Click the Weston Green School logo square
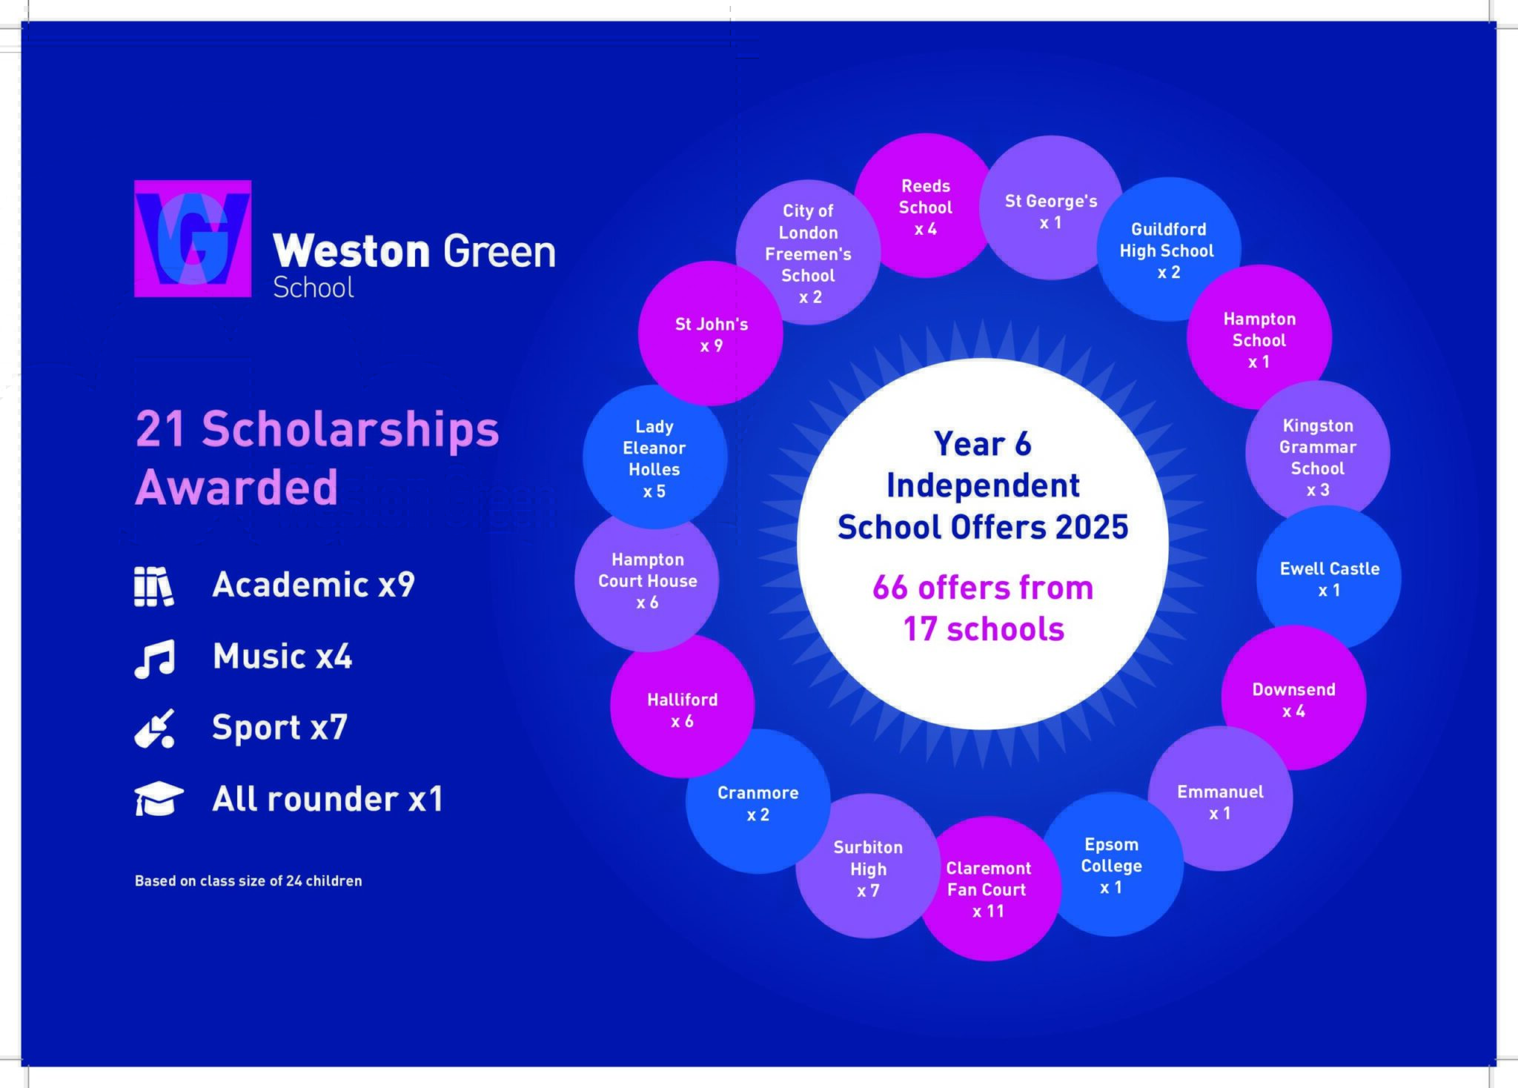click(x=193, y=239)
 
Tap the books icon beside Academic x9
click(x=154, y=586)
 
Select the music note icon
click(x=155, y=658)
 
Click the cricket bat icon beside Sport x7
click(x=155, y=728)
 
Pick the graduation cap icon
click(x=159, y=799)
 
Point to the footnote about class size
click(x=248, y=880)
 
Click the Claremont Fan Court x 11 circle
click(x=989, y=889)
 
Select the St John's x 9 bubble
click(x=711, y=334)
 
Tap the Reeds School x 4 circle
click(x=926, y=206)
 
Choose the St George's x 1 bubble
click(x=1051, y=208)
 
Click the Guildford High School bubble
click(x=1169, y=249)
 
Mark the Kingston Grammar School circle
click(x=1318, y=453)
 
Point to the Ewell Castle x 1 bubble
click(x=1329, y=578)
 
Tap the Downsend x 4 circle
click(x=1294, y=697)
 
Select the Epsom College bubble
click(x=1111, y=864)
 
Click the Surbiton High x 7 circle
click(x=868, y=866)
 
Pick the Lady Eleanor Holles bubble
click(x=654, y=457)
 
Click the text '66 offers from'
click(x=983, y=588)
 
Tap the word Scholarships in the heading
click(x=351, y=429)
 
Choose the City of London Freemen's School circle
click(x=808, y=252)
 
